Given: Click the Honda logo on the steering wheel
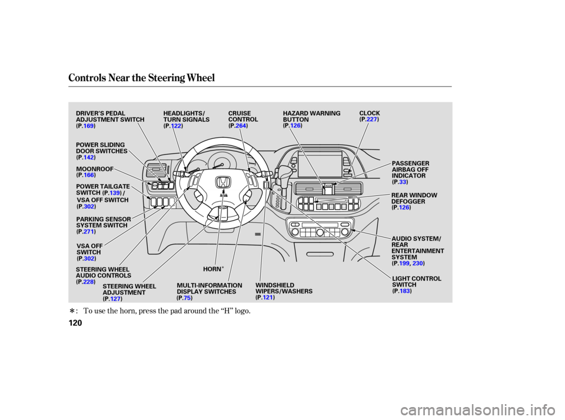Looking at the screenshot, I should tap(224, 182).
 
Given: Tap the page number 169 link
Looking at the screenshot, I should tap(89, 126).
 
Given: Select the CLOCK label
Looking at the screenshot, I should tap(370, 112).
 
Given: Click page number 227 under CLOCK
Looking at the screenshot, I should tap(371, 119).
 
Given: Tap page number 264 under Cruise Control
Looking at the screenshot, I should tap(240, 126).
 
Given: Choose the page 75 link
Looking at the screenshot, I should tap(187, 298).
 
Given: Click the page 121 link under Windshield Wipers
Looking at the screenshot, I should tap(268, 298).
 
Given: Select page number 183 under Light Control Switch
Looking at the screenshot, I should tap(405, 291).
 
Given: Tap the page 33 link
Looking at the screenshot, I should tap(403, 182).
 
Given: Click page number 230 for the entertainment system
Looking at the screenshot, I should tap(417, 264).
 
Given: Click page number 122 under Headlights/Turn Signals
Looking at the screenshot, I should tap(176, 126).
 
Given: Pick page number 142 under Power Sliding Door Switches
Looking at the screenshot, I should tap(89, 158).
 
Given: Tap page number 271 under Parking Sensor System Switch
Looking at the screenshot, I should tap(89, 232).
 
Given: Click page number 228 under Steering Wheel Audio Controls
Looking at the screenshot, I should tap(89, 282).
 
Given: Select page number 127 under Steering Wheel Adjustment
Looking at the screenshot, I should tap(115, 299).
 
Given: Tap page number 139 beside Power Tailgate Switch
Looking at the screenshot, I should tap(115, 193).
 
